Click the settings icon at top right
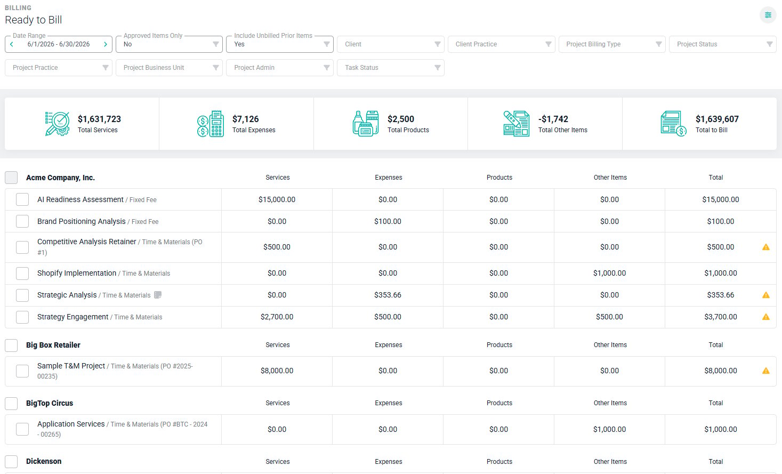(x=768, y=15)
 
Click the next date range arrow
(x=106, y=44)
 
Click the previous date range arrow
(x=12, y=44)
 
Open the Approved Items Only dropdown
(x=169, y=44)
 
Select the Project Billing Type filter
(x=612, y=44)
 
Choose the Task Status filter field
(x=390, y=68)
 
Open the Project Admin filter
(x=280, y=68)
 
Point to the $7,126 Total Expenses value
(x=245, y=119)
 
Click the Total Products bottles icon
(x=366, y=124)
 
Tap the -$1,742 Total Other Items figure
(x=553, y=119)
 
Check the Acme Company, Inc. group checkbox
(x=11, y=178)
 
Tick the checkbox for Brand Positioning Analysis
(x=22, y=221)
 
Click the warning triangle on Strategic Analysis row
(x=765, y=295)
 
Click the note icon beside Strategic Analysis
(x=158, y=295)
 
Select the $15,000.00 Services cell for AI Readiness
(x=277, y=200)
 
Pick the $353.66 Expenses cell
(x=388, y=295)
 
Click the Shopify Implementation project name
(x=77, y=273)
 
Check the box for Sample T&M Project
(x=22, y=371)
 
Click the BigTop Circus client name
(x=50, y=403)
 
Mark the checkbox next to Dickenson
(x=11, y=461)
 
